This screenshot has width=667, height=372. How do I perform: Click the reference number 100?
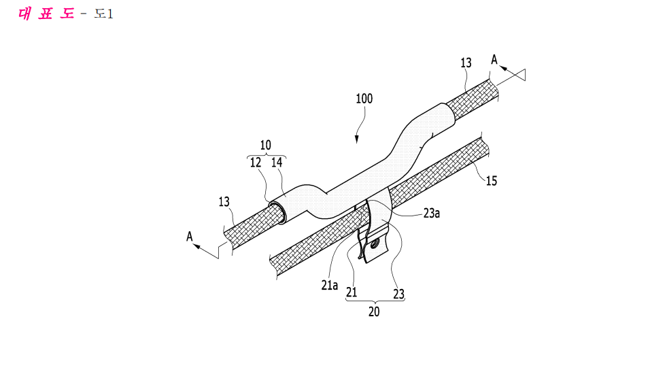pos(364,99)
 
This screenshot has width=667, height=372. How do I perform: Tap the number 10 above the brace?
pos(265,145)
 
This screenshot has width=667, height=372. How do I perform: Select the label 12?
pos(255,163)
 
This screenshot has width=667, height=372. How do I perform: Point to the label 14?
pos(277,162)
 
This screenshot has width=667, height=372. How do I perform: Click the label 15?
pos(492,181)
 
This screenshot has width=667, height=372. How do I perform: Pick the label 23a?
pos(431,213)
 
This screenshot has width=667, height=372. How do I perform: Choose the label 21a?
pos(330,285)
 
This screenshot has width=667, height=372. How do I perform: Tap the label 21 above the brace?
pos(352,292)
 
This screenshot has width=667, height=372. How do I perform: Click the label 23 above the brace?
pos(398,294)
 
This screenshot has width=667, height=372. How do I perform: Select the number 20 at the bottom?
pos(374,311)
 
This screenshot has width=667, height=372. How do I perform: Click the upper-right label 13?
pos(466,63)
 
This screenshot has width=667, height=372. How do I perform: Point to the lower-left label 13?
pos(224,202)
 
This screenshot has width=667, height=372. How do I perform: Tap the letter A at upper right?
pos(494,60)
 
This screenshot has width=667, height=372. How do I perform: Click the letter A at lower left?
pos(189,236)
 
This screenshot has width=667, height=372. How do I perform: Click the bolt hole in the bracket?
pos(375,244)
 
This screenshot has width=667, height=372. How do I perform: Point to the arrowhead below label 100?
pos(356,139)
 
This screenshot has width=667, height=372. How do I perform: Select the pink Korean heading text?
pos(46,14)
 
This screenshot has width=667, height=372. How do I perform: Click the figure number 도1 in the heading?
pos(103,14)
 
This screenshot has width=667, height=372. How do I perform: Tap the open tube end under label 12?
pos(277,212)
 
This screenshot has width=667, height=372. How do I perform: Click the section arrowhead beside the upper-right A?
pos(503,68)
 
